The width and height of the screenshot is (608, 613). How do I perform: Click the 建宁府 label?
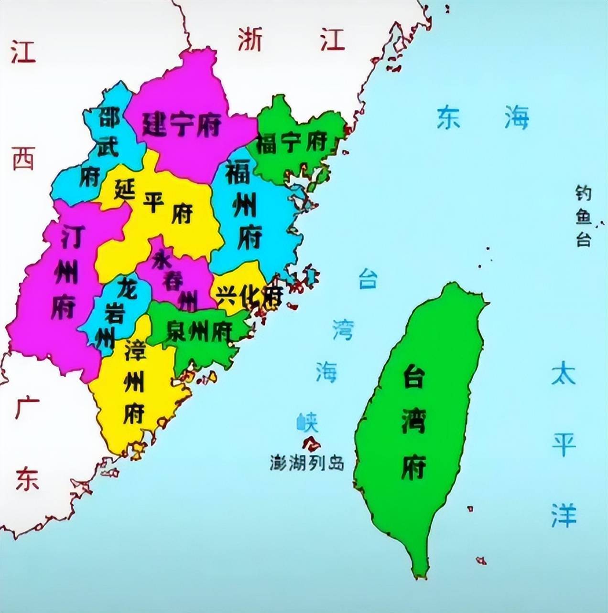click(x=182, y=126)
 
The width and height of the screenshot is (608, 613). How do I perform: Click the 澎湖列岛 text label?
click(x=307, y=463)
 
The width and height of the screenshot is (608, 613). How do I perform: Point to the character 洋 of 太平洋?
click(x=564, y=515)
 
